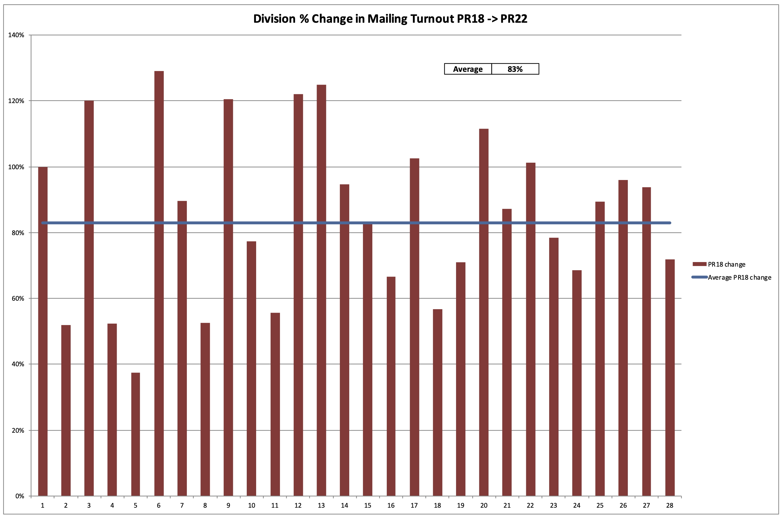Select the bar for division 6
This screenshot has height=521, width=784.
pos(159,283)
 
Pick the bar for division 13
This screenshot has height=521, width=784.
pos(321,289)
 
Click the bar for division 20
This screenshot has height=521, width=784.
pos(484,312)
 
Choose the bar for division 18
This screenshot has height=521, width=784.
pos(438,402)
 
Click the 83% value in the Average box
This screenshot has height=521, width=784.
pos(515,69)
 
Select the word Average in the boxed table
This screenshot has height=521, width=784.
pos(468,69)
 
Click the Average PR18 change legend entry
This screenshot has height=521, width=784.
pos(739,277)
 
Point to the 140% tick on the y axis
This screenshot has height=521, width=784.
pos(16,35)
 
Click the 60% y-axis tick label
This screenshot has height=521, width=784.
pos(16,298)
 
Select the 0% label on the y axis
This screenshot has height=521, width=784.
pos(20,496)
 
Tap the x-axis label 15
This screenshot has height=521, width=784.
pos(367,505)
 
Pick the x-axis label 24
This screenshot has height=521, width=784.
pos(577,505)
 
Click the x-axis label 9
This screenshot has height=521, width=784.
pos(228,505)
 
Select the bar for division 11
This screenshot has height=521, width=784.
pos(275,404)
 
